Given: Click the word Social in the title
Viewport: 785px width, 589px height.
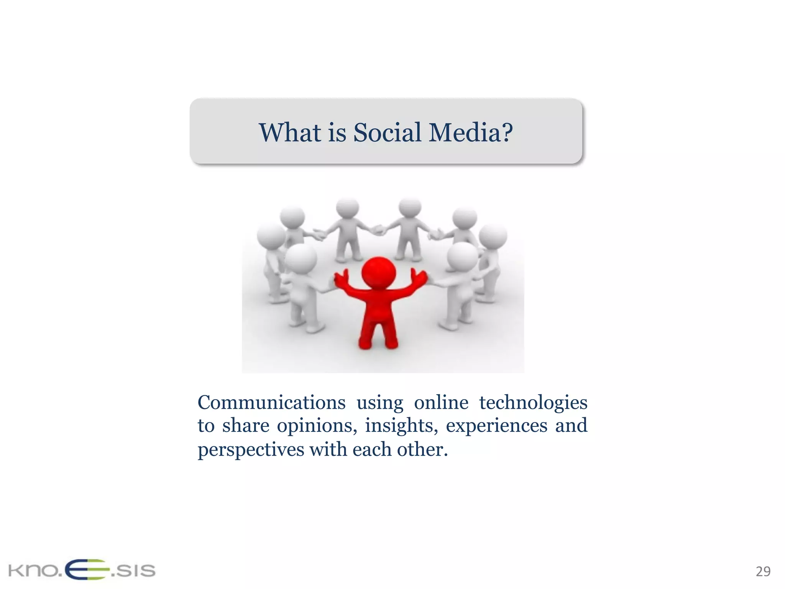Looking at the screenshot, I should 387,133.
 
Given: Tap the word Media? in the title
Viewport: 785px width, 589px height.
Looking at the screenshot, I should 471,133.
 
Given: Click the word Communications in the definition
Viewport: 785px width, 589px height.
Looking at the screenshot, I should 271,403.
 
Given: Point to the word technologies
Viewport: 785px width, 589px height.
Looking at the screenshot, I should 533,403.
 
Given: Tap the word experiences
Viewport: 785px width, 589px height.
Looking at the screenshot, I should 496,426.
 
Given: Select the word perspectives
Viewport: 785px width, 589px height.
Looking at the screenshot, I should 251,450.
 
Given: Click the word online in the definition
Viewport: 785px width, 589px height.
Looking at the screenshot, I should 441,403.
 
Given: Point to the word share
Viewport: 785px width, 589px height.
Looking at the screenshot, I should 246,426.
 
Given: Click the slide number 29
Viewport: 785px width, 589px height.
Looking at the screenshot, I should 763,571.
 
